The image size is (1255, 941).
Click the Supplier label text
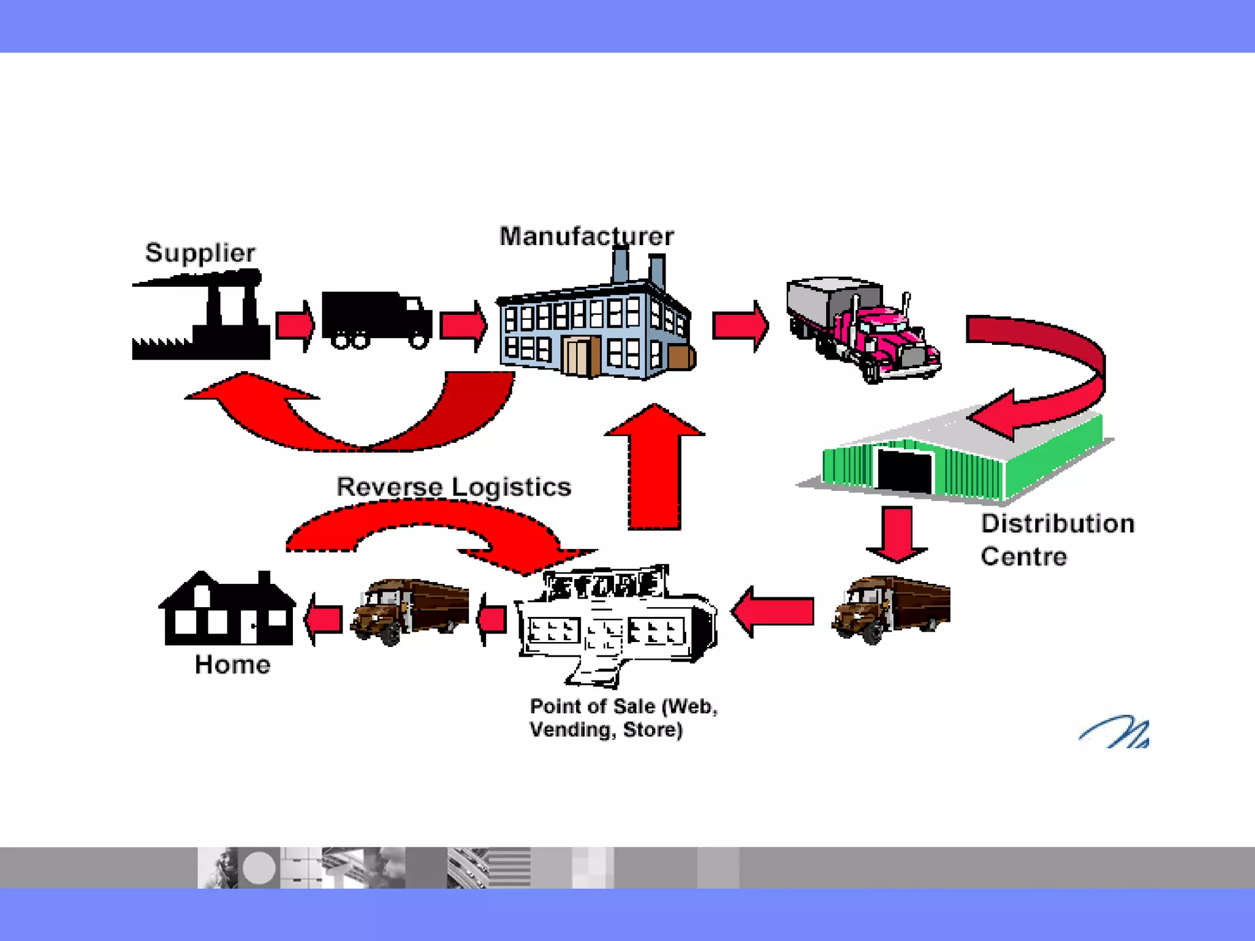click(200, 252)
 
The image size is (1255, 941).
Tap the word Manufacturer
click(586, 236)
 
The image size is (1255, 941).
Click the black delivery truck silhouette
click(376, 320)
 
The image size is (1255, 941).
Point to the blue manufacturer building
click(594, 331)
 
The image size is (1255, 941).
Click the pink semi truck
click(864, 328)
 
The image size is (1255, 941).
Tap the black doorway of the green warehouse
click(904, 470)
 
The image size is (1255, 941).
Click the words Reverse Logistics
click(453, 487)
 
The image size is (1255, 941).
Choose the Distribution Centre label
click(1057, 540)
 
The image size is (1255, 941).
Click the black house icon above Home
click(227, 610)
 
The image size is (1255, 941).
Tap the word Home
click(232, 665)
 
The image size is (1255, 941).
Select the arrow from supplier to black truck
click(295, 325)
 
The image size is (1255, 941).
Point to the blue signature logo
click(1115, 732)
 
